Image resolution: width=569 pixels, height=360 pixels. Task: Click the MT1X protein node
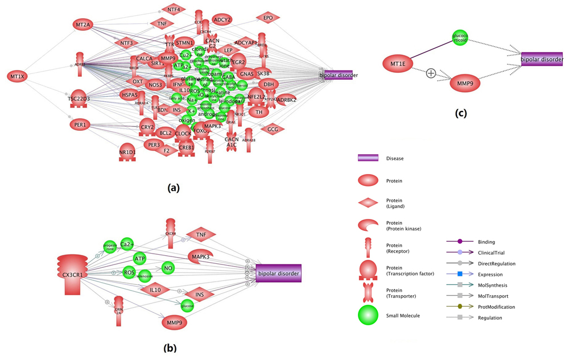[x=17, y=76]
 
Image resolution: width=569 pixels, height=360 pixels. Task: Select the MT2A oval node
[x=82, y=24]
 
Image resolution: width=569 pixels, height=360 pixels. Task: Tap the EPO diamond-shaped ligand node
[x=268, y=18]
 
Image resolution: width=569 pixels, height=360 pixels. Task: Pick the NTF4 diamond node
[x=174, y=10]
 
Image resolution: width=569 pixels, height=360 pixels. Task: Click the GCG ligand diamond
[x=273, y=129]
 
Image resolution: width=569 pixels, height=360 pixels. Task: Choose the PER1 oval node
[x=80, y=124]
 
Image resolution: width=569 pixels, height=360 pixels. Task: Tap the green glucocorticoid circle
[x=460, y=38]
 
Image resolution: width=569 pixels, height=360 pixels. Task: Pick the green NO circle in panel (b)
[x=167, y=267]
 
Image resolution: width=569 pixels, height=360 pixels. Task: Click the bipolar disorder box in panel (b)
[x=278, y=274]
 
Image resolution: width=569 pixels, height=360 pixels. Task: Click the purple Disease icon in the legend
[x=368, y=159]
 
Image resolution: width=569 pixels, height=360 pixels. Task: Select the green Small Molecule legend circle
[x=368, y=315]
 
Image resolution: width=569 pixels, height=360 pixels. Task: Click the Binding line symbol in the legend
[x=460, y=242]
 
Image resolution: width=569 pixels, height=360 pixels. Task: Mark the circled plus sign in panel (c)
[x=431, y=73]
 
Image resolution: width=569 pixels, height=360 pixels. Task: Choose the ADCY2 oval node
[x=222, y=20]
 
